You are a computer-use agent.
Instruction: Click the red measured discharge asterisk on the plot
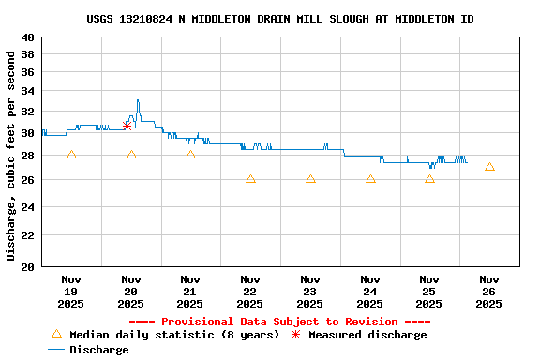127,125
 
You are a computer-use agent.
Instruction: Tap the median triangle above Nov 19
71,155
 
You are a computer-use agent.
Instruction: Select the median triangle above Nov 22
250,178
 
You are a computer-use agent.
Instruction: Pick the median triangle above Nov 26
489,167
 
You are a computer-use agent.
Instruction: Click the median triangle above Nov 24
370,178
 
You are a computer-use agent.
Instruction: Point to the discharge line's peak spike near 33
138,100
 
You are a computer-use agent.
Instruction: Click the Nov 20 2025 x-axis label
131,291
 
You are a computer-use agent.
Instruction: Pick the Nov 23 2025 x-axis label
310,291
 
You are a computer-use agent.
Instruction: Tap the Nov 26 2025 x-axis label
489,291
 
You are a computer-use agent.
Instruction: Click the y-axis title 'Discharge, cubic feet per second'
11,156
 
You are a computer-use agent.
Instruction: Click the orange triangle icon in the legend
56,334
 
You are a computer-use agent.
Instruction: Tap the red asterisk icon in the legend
295,335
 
